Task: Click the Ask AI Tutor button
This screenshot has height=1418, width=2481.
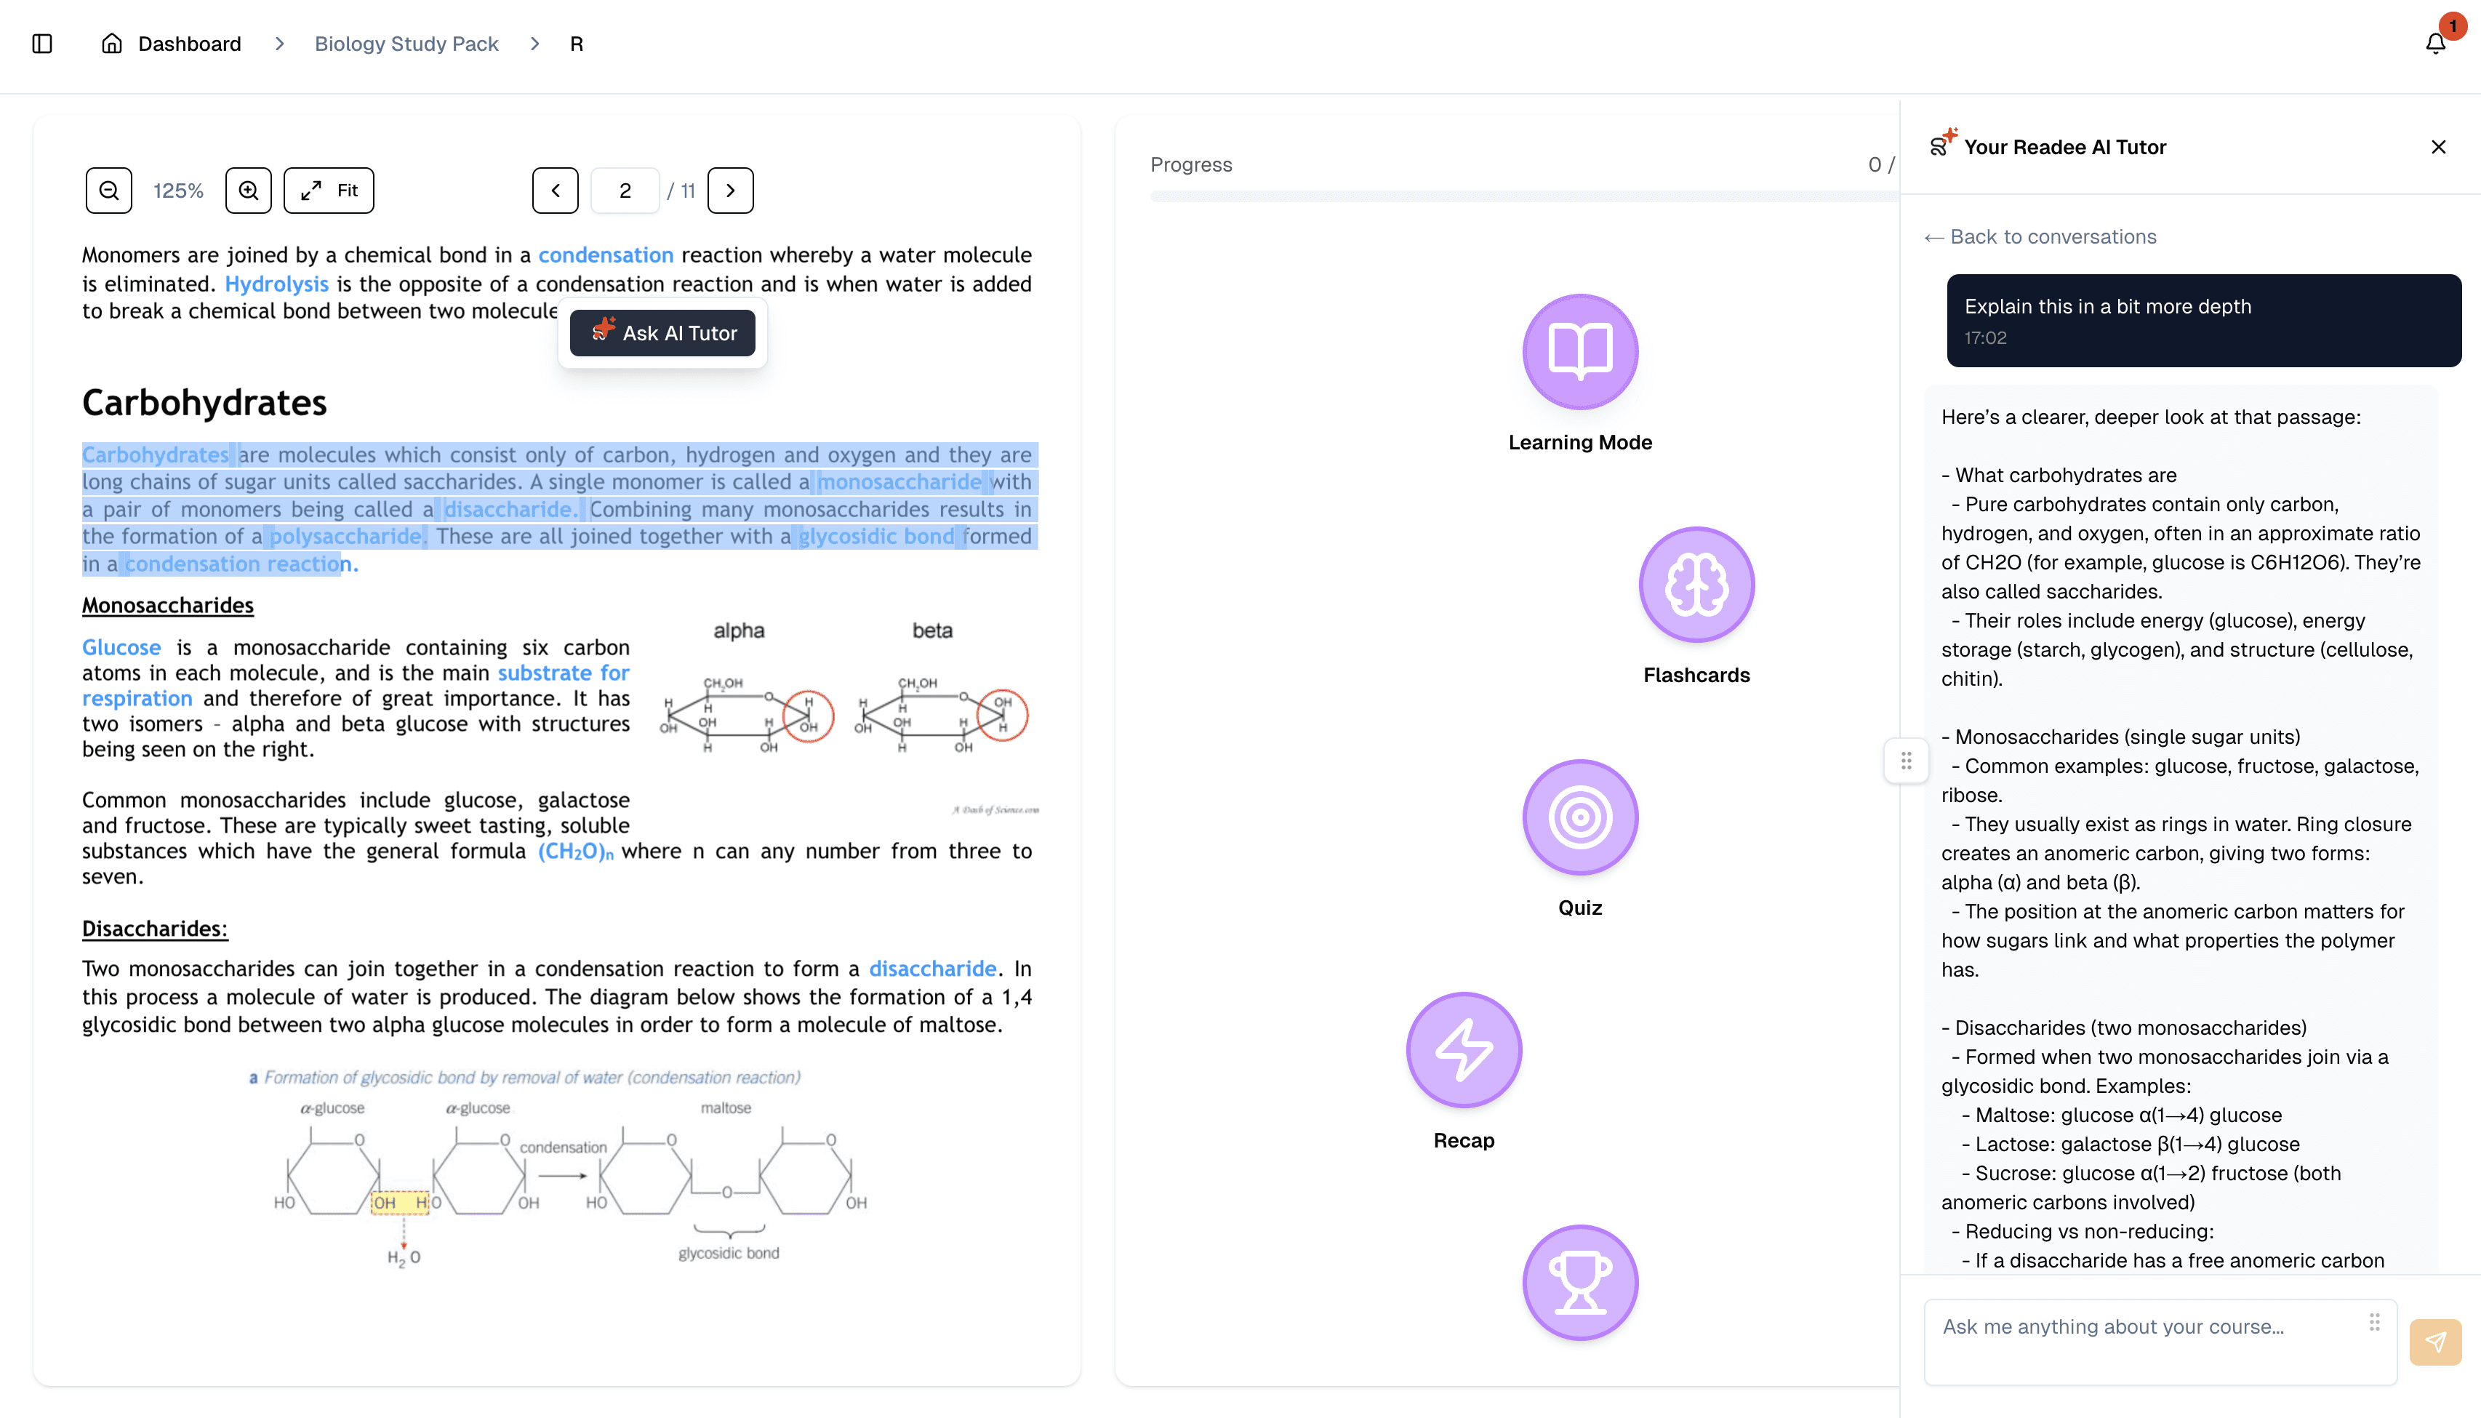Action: (662, 333)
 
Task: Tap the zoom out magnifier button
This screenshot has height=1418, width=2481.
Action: (109, 190)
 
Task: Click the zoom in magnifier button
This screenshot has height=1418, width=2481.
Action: (248, 190)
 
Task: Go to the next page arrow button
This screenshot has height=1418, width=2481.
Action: (730, 190)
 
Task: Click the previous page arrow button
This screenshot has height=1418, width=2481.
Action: (555, 190)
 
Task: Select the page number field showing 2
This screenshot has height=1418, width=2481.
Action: (625, 190)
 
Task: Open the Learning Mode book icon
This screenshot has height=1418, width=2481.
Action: (1580, 351)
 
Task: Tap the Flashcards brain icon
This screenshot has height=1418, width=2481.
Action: (1696, 585)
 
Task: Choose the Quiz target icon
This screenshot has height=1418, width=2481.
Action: (1580, 817)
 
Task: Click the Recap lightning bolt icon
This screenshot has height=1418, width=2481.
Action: (1464, 1050)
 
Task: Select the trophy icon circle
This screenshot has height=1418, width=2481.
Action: (1580, 1283)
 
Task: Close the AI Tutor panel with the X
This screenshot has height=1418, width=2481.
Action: (2438, 147)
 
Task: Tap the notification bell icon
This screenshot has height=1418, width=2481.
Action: (2435, 43)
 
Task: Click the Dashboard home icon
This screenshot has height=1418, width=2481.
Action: (112, 43)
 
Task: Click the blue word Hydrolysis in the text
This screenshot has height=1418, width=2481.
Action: (276, 284)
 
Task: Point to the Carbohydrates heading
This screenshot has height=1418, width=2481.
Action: (204, 403)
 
